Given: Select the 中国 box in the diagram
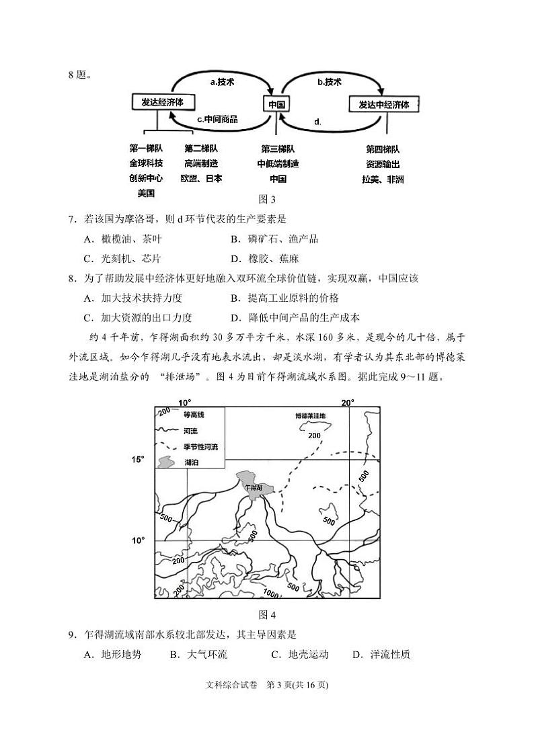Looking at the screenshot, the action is click(x=276, y=104).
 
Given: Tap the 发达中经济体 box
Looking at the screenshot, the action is click(x=384, y=104).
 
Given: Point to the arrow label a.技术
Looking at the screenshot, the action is click(x=222, y=82).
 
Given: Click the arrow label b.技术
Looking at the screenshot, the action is click(x=330, y=82).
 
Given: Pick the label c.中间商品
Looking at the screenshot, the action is click(x=217, y=119).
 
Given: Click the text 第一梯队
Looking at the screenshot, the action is click(x=146, y=149).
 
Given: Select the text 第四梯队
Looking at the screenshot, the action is click(x=383, y=149).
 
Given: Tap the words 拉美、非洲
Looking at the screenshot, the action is click(x=383, y=179).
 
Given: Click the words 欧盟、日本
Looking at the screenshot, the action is click(x=201, y=178).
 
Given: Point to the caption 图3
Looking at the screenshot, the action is click(x=268, y=198).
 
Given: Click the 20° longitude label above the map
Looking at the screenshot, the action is click(x=348, y=403).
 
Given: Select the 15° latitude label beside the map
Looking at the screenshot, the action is click(x=138, y=460).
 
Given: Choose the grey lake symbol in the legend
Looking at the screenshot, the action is click(x=166, y=462).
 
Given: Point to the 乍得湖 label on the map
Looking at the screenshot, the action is click(x=254, y=486).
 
